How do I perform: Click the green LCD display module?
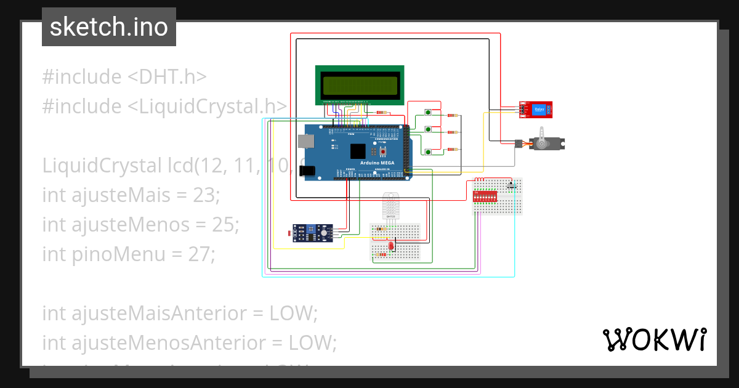click(x=360, y=85)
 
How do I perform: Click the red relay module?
click(x=536, y=109)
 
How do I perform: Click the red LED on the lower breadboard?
click(x=390, y=247)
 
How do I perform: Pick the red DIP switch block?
click(x=484, y=196)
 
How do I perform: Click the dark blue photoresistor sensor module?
click(x=313, y=232)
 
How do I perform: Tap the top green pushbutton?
click(x=428, y=112)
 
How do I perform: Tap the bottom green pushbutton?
click(x=428, y=152)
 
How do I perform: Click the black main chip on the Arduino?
click(x=358, y=152)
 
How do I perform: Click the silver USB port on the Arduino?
click(x=305, y=141)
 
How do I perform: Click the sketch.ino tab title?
click(x=109, y=27)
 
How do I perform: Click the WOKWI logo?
click(x=654, y=339)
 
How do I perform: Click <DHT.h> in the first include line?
click(x=166, y=77)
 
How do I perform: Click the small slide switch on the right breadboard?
click(x=511, y=185)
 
